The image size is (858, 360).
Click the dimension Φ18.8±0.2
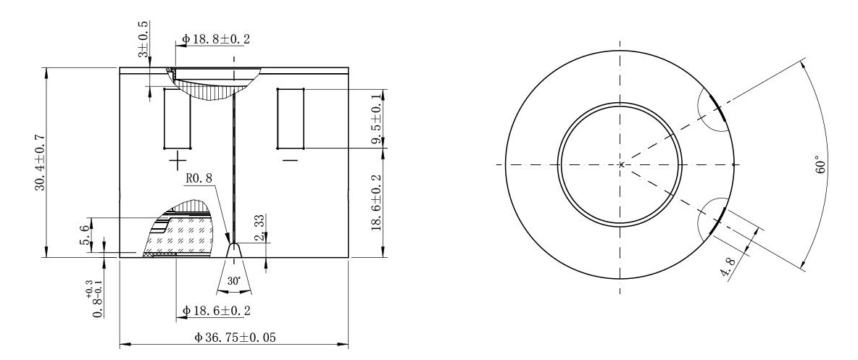216,39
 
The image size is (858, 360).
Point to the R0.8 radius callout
197,177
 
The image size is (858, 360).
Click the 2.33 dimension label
260,227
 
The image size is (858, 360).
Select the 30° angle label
234,281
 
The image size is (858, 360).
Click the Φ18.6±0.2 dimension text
216,311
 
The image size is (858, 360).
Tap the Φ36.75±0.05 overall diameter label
235,337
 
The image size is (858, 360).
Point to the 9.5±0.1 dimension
376,119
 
